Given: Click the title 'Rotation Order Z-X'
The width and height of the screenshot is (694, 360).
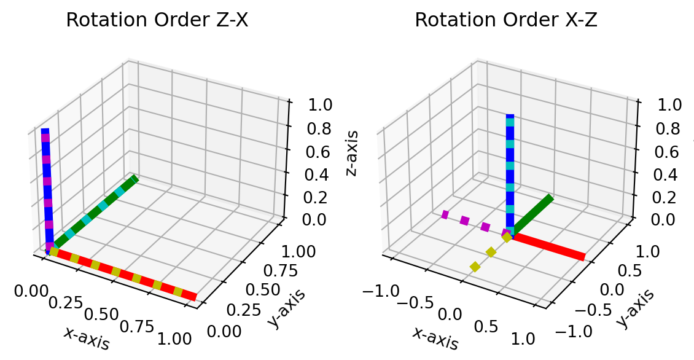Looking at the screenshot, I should pos(157,20).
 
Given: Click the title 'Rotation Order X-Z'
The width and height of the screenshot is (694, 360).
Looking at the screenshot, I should pos(506,20).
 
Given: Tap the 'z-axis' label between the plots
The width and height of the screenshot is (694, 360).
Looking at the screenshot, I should pos(352,153).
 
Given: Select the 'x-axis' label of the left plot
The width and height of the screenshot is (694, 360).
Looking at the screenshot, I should pos(87,337).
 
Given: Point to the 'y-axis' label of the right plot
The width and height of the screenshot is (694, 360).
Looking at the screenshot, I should pos(634,307).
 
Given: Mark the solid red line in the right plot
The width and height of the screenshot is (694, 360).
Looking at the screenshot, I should pos(547,246).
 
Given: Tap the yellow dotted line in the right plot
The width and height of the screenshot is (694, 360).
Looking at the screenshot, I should pos(490,252).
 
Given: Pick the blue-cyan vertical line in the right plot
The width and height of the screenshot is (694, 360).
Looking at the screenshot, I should pos(509,172).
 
